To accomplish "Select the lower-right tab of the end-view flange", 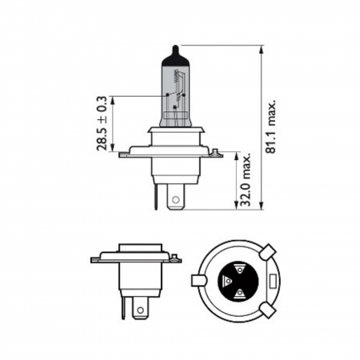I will coord(268,309).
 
